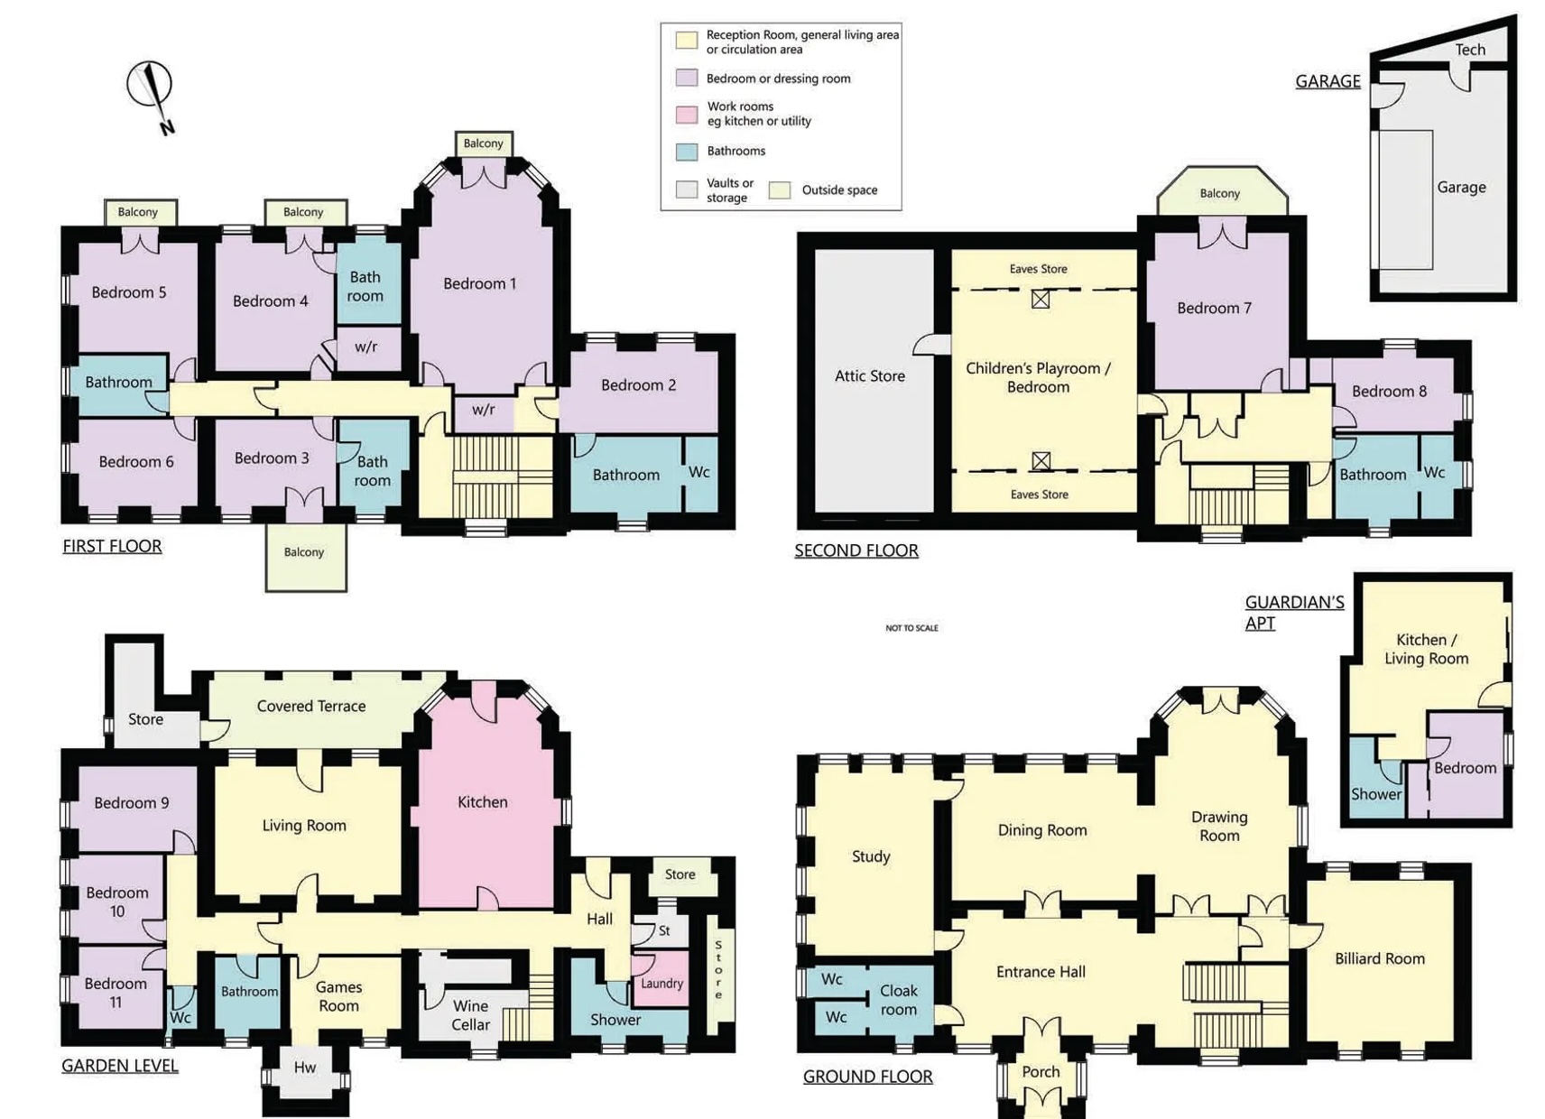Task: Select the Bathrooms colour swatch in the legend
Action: pyautogui.click(x=686, y=151)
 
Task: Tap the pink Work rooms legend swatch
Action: pyautogui.click(x=686, y=114)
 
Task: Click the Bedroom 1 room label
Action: pyautogui.click(x=479, y=283)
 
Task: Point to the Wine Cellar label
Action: pyautogui.click(x=470, y=1015)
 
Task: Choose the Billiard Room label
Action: pyautogui.click(x=1380, y=958)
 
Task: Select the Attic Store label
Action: pyautogui.click(x=870, y=376)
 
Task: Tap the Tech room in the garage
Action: pyautogui.click(x=1470, y=50)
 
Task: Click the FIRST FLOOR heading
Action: pyautogui.click(x=113, y=546)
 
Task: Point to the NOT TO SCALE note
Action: pyautogui.click(x=911, y=628)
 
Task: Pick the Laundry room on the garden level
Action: pyautogui.click(x=661, y=983)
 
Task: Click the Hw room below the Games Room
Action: pyautogui.click(x=305, y=1068)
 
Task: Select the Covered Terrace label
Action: pyautogui.click(x=311, y=706)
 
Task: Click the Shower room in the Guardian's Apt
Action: pyautogui.click(x=1376, y=780)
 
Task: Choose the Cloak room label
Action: pyautogui.click(x=899, y=1000)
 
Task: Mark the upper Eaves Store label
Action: pyautogui.click(x=1038, y=269)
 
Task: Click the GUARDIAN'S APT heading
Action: pyautogui.click(x=1294, y=613)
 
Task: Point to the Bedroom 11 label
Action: pyautogui.click(x=116, y=993)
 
